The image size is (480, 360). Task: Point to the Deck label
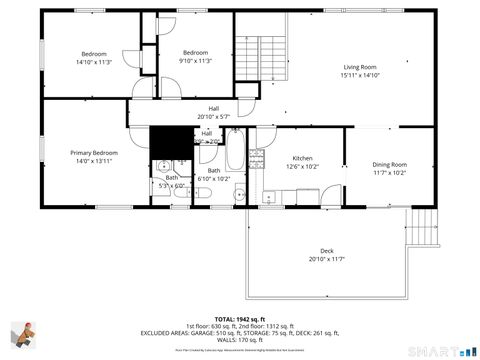(x=326, y=251)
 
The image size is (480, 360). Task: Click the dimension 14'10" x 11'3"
(x=94, y=60)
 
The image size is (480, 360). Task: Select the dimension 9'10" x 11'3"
(x=195, y=60)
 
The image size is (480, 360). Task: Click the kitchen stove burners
(x=256, y=158)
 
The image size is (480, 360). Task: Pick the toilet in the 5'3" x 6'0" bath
(x=162, y=168)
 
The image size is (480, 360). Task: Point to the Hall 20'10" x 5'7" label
(x=213, y=112)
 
